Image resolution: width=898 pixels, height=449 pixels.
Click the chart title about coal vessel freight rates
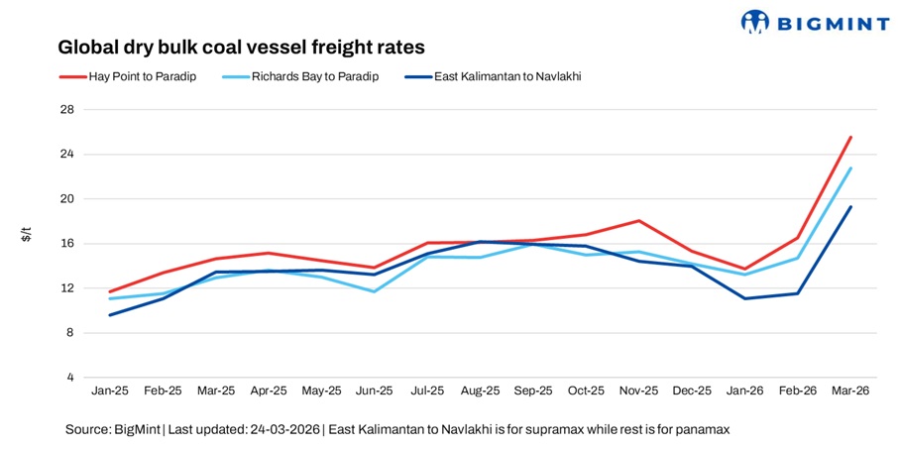pyautogui.click(x=241, y=47)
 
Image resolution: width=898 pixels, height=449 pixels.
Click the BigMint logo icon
pyautogui.click(x=755, y=21)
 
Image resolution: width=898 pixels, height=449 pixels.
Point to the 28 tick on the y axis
pyautogui.click(x=67, y=109)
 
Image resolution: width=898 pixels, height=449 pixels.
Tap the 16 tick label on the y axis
pyautogui.click(x=67, y=244)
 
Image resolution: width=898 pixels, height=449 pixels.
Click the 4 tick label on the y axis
pyautogui.click(x=70, y=378)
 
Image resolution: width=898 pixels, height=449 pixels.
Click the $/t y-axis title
pyautogui.click(x=27, y=235)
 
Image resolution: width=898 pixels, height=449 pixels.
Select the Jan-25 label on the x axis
pyautogui.click(x=110, y=393)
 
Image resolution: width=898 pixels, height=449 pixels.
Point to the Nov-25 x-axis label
pyautogui.click(x=638, y=393)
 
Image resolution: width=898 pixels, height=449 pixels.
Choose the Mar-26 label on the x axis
pyautogui.click(x=849, y=393)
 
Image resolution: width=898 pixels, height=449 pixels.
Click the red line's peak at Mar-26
pyautogui.click(x=850, y=137)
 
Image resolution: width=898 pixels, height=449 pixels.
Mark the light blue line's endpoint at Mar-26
pyautogui.click(x=850, y=168)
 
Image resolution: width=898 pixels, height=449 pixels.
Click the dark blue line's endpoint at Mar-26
pyautogui.click(x=850, y=207)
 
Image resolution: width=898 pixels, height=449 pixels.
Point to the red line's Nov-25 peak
pyautogui.click(x=639, y=220)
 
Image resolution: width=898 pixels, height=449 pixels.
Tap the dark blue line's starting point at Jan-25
pyautogui.click(x=110, y=315)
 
